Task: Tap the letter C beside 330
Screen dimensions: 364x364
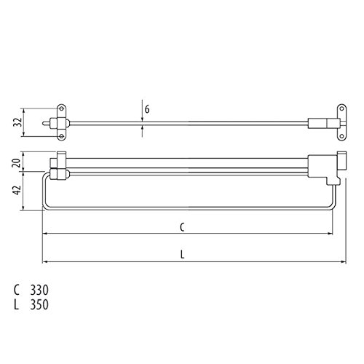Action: point(17,290)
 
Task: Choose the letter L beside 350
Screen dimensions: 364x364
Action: point(17,305)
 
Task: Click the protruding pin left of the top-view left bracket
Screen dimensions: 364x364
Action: point(47,123)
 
